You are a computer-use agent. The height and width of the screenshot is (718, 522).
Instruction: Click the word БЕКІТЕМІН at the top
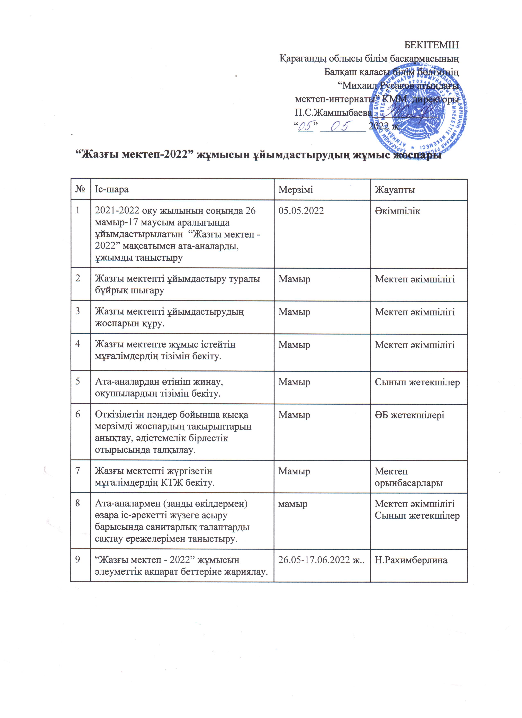coord(431,45)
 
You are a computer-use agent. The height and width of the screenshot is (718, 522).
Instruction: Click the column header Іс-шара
coord(112,190)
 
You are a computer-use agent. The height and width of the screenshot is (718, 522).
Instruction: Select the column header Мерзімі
coord(296,190)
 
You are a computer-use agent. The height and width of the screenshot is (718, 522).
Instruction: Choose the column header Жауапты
coord(395,190)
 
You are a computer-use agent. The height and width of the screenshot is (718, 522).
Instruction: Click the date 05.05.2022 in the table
coord(301,211)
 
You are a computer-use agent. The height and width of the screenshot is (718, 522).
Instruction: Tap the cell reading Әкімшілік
coord(397,211)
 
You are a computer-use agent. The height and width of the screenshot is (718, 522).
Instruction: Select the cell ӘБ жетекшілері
coord(409,415)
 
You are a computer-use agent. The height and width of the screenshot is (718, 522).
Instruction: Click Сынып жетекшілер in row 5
coord(417,382)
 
